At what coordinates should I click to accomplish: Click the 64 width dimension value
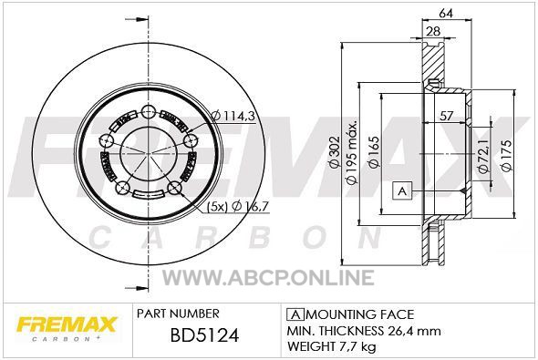[x=446, y=13]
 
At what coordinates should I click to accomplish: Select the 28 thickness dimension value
[x=433, y=31]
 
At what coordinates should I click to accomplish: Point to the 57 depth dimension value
[x=447, y=116]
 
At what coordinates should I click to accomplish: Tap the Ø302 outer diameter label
[x=334, y=152]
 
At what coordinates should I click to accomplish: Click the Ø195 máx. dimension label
[x=352, y=151]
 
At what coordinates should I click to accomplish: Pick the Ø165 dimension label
[x=374, y=152]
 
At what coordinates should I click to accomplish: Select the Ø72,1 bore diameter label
[x=483, y=154]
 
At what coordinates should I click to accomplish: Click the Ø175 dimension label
[x=506, y=155]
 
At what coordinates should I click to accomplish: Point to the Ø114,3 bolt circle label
[x=233, y=116]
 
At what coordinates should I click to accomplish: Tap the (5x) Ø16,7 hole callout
[x=237, y=206]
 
